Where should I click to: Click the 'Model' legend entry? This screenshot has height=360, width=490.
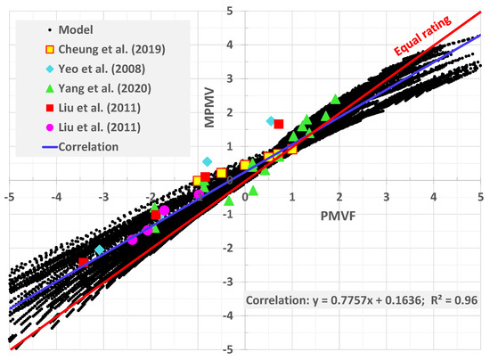pyautogui.click(x=61, y=29)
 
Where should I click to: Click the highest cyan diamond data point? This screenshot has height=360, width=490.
pyautogui.click(x=272, y=120)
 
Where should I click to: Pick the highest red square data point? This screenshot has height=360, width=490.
pyautogui.click(x=278, y=124)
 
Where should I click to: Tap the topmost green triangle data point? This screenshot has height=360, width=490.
pyautogui.click(x=335, y=99)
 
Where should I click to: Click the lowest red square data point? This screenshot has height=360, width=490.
pyautogui.click(x=83, y=262)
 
